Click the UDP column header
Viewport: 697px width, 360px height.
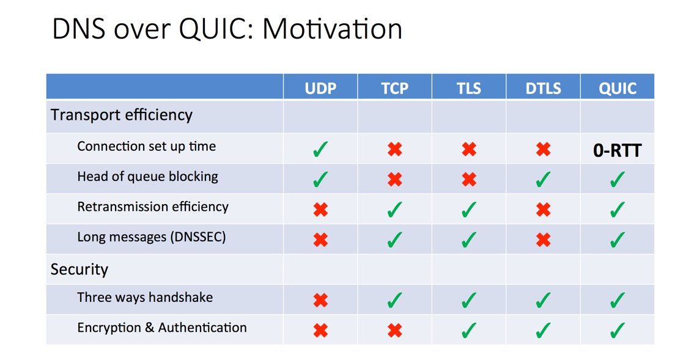pyautogui.click(x=320, y=89)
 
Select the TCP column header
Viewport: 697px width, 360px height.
pyautogui.click(x=394, y=89)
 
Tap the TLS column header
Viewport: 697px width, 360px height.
pyautogui.click(x=468, y=89)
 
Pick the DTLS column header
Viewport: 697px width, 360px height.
pyautogui.click(x=543, y=89)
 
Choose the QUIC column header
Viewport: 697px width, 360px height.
pyautogui.click(x=618, y=89)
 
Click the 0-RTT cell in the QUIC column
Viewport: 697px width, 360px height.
pyautogui.click(x=618, y=150)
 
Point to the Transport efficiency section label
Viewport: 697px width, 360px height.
pyautogui.click(x=122, y=115)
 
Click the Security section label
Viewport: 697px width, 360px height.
pyautogui.click(x=79, y=270)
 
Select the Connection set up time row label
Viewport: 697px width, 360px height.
pyautogui.click(x=146, y=147)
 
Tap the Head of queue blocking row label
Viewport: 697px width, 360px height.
pyautogui.click(x=147, y=177)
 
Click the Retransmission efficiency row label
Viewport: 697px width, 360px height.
pyautogui.click(x=153, y=207)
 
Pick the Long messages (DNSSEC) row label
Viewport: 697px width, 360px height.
pyautogui.click(x=152, y=237)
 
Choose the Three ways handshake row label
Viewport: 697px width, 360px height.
pyautogui.click(x=145, y=298)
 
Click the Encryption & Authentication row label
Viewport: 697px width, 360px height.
pyautogui.click(x=162, y=328)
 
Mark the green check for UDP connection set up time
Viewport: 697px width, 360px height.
pyautogui.click(x=320, y=149)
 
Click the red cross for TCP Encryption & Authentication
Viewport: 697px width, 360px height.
pyautogui.click(x=395, y=331)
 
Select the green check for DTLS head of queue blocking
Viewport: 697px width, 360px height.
pyautogui.click(x=543, y=180)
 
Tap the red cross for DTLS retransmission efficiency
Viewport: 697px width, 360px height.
pyautogui.click(x=543, y=210)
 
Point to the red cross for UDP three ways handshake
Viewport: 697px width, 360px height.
pyautogui.click(x=320, y=300)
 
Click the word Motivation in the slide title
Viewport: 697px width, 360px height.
pyautogui.click(x=333, y=29)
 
